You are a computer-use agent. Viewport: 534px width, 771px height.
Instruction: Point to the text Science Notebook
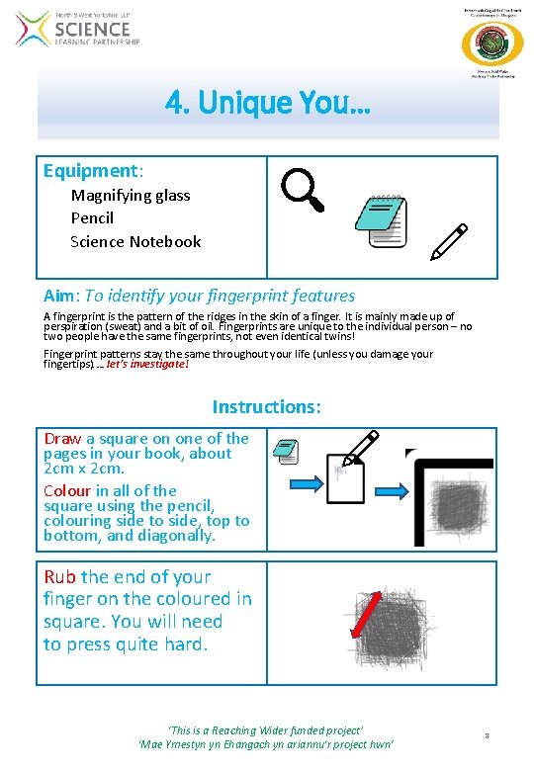135,241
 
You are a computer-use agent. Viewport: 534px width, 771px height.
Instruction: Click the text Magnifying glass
131,195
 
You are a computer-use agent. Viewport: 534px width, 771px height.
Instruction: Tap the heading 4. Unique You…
268,101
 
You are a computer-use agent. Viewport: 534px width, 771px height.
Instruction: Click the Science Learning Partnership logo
79,30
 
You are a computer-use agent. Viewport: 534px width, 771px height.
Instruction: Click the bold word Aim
59,296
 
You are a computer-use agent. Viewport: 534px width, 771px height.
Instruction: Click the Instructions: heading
267,406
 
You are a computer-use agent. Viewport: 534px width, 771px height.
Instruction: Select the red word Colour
67,490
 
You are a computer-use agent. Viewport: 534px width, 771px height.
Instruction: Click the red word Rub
60,576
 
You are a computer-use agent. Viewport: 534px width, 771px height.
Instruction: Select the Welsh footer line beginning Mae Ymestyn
267,743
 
